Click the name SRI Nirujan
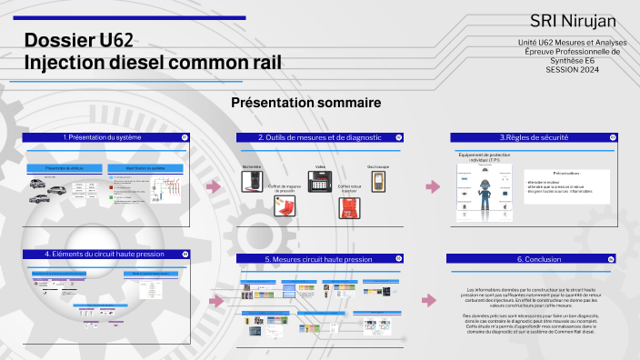[x=572, y=21]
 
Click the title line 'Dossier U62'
[x=79, y=40]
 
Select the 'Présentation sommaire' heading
[x=305, y=103]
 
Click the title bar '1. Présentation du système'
[x=102, y=137]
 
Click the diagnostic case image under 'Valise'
[x=320, y=182]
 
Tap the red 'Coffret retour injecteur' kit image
[x=349, y=208]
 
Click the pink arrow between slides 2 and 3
[x=433, y=186]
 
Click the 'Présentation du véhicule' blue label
[x=64, y=168]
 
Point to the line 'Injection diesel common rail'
[x=153, y=62]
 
